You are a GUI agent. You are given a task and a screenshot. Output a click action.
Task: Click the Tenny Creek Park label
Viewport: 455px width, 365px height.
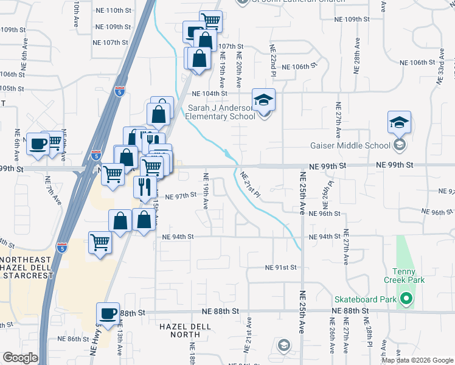tap(404, 276)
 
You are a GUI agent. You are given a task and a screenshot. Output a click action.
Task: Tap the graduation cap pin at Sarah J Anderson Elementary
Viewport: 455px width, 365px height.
tap(264, 100)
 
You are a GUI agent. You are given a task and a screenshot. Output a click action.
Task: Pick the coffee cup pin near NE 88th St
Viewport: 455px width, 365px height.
tap(108, 314)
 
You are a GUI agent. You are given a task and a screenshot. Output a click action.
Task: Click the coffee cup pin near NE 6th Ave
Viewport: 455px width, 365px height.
tap(38, 145)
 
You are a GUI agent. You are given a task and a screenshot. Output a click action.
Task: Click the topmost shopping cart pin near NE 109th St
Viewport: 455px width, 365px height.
tap(210, 21)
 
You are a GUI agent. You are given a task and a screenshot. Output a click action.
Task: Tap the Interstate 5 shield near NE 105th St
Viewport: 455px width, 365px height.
tap(120, 92)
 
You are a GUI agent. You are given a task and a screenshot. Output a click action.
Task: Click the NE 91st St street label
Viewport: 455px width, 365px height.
tap(280, 268)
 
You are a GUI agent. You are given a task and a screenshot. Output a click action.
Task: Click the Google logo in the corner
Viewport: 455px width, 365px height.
tap(20, 358)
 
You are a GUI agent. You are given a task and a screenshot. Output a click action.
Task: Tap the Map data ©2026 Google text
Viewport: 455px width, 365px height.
tap(417, 360)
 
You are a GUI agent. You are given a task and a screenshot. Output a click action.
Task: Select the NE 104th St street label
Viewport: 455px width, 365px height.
tap(210, 94)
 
